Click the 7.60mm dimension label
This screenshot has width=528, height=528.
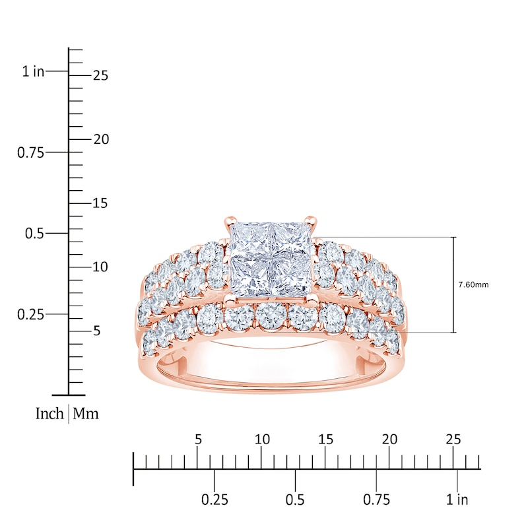[x=473, y=285]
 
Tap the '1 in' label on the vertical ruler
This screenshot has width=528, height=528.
[x=33, y=71]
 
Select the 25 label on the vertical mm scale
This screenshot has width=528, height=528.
[x=101, y=75]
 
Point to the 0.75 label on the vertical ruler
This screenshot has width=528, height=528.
[x=30, y=153]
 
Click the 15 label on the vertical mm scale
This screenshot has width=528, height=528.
[x=100, y=203]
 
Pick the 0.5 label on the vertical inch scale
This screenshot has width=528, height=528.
[x=34, y=234]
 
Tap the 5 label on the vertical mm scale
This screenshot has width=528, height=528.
[x=97, y=331]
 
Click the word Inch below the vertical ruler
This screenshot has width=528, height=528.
[x=49, y=414]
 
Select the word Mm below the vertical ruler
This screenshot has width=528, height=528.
[x=86, y=414]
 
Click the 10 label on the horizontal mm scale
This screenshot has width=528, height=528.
[x=262, y=440]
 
